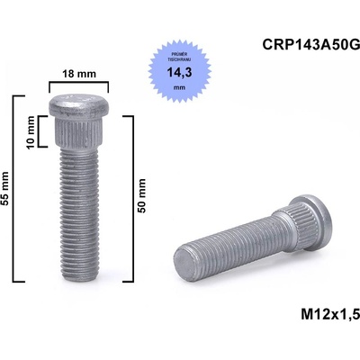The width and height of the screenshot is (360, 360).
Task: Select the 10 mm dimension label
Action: click(x=31, y=130)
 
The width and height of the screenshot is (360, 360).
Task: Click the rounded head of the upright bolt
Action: click(x=77, y=104)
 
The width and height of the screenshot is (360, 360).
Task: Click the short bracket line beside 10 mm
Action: click(x=42, y=130)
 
